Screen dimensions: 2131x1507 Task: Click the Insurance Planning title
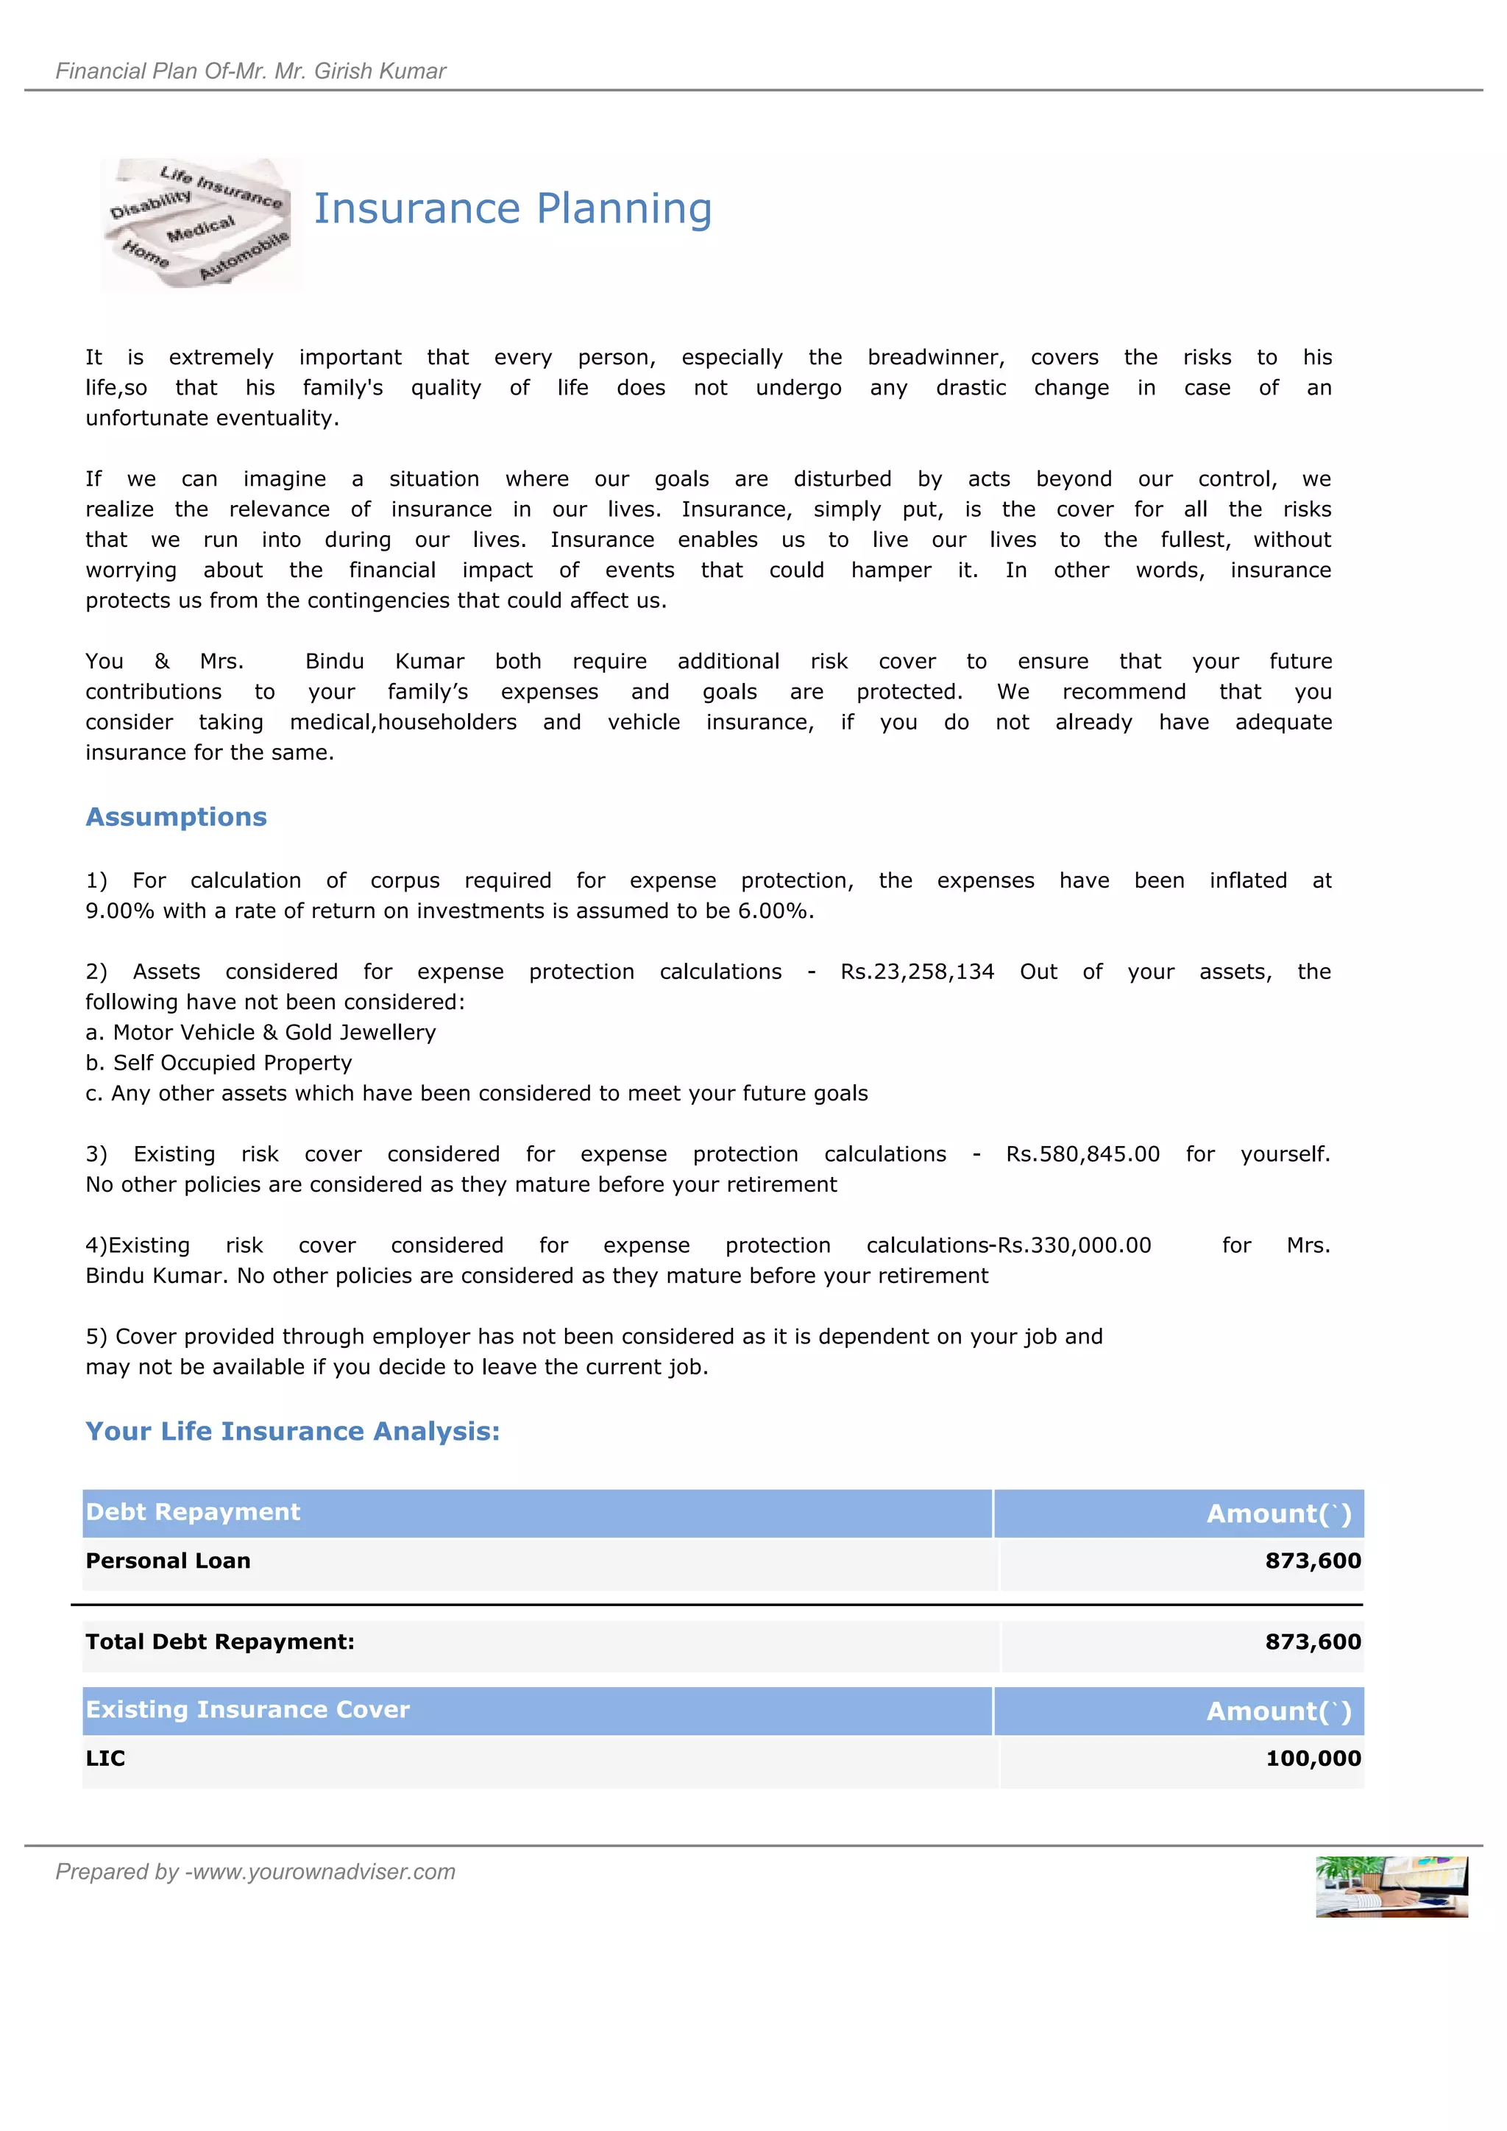[512, 209]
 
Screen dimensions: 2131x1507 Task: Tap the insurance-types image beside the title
[199, 224]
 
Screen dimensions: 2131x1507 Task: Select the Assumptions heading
[177, 817]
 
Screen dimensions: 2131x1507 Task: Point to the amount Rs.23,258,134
[917, 972]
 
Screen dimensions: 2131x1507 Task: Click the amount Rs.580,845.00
[1082, 1155]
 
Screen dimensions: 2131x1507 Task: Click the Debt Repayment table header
[193, 1512]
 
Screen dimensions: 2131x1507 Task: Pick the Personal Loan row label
[168, 1561]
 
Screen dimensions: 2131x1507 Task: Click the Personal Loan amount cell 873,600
[1312, 1561]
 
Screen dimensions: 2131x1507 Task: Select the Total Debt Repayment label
[220, 1642]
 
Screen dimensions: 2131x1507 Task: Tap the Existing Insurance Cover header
[247, 1710]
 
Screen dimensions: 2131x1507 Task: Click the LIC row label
[105, 1759]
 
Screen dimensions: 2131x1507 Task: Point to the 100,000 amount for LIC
[1313, 1759]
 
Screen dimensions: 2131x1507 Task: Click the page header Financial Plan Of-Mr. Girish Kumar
[250, 71]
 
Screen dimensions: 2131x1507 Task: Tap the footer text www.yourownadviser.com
[320, 1872]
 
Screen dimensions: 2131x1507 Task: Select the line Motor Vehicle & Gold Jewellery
[260, 1033]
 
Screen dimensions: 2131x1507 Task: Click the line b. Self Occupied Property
[219, 1064]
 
